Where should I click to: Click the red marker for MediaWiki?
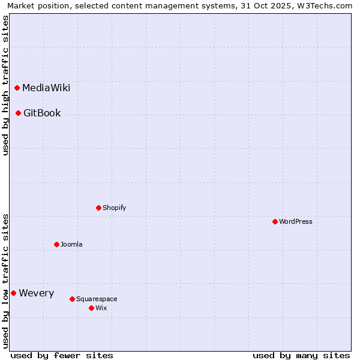tap(17, 88)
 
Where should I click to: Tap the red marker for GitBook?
tap(19, 113)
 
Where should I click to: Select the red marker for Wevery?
tap(13, 293)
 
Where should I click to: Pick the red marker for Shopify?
tap(98, 208)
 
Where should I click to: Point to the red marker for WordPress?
tap(275, 221)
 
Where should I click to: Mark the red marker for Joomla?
tap(56, 244)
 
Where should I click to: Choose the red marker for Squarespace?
tap(72, 299)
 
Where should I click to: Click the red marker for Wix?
tap(91, 308)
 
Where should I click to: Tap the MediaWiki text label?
tap(46, 88)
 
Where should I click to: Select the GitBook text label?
tap(42, 113)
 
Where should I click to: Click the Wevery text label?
tap(36, 293)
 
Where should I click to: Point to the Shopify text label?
tap(114, 208)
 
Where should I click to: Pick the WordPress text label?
tap(296, 221)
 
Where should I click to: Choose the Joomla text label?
tap(71, 244)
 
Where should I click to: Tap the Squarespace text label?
tap(97, 299)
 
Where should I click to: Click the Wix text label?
tap(101, 308)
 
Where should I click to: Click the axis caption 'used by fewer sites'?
tap(62, 355)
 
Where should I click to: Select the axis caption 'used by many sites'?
tap(301, 355)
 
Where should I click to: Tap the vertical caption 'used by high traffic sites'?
tap(6, 85)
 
